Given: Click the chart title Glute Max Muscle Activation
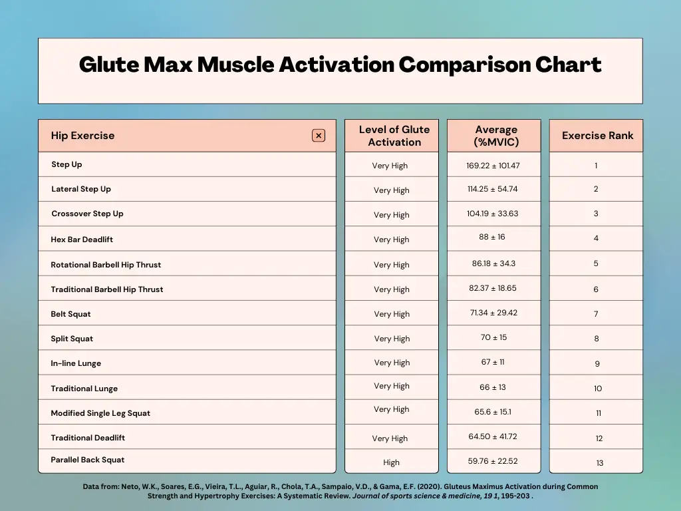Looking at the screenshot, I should [x=340, y=65].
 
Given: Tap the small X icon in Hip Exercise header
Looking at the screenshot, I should [x=319, y=136].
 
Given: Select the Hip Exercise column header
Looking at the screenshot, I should [x=82, y=136].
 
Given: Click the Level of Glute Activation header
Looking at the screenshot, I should [x=394, y=136].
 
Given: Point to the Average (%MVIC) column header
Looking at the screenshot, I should [x=496, y=136].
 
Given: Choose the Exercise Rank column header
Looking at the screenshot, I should [x=597, y=136].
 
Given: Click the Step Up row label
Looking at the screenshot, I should [x=67, y=164].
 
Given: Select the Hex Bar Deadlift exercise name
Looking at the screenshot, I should [x=82, y=240].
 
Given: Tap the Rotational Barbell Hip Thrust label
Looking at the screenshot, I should [x=106, y=265].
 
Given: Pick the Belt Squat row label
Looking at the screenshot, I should [x=70, y=314].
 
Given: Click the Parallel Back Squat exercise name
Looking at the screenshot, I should [x=87, y=460].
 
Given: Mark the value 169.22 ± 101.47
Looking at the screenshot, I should [x=493, y=166].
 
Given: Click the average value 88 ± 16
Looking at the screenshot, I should [x=493, y=237].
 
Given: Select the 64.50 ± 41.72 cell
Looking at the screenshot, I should [x=493, y=436].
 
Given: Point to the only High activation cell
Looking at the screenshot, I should [x=391, y=462].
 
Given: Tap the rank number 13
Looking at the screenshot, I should [x=600, y=463].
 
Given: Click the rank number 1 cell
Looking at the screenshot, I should [x=596, y=166].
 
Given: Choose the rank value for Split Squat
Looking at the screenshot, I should [x=597, y=339].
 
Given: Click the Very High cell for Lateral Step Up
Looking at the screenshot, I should [x=391, y=190].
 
